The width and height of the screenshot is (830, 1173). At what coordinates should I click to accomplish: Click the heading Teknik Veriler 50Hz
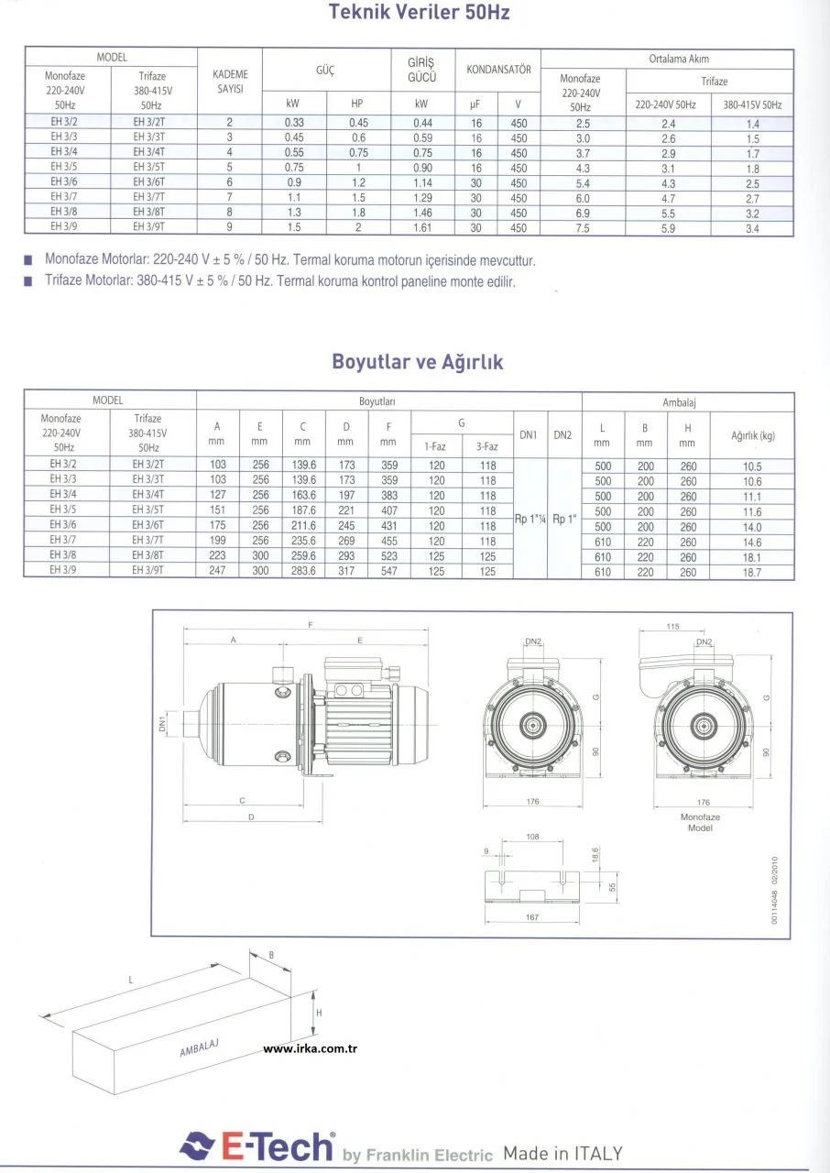pos(418,13)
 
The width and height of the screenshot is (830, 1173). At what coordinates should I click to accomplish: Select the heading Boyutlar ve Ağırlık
pos(417,362)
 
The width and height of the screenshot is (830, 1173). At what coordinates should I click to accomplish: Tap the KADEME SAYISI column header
pos(230,81)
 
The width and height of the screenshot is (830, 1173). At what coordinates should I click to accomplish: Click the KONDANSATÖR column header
pos(498,70)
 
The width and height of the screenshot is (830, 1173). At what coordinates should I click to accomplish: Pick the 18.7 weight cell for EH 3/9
pos(753,572)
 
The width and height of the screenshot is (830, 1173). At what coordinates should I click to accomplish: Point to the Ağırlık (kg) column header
pos(753,436)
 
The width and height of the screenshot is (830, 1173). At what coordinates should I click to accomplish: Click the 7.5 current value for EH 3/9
pos(583,228)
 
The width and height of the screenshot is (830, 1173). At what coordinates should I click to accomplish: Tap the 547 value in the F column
pos(389,572)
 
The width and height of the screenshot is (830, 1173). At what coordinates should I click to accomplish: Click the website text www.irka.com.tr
pos(310,1049)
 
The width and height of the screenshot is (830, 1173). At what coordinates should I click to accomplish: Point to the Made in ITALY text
pos(562,1153)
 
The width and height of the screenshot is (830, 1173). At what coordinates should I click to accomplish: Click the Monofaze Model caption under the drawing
pos(700,821)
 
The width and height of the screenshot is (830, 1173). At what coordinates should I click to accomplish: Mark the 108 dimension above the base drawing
pos(532,837)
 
